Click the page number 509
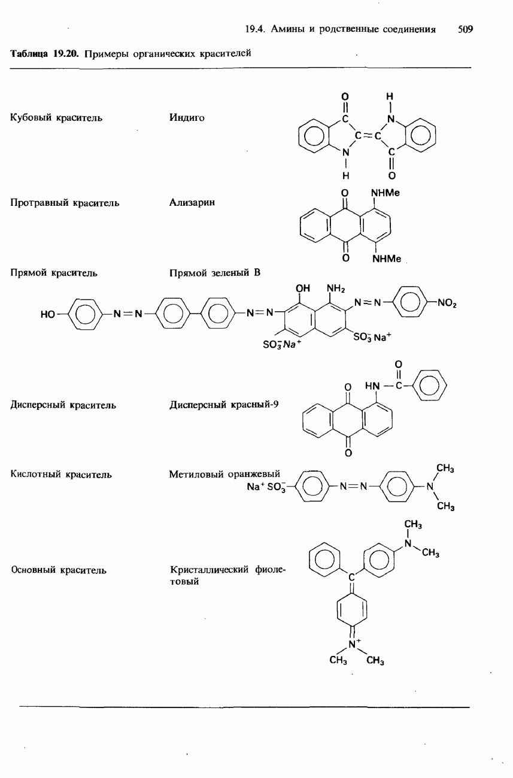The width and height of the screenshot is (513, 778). [465, 29]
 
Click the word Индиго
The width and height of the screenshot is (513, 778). [187, 118]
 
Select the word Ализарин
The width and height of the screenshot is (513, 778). [192, 203]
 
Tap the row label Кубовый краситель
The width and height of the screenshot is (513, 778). [56, 118]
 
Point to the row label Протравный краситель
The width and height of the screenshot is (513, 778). [65, 203]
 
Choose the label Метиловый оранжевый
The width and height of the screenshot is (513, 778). [224, 475]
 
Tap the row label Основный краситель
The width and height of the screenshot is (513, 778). [59, 570]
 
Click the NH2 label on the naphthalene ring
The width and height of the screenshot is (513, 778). [336, 290]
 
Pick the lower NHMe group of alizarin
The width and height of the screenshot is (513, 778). [386, 259]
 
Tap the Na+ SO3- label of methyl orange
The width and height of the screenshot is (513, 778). [267, 487]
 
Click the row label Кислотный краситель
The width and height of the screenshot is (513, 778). [61, 475]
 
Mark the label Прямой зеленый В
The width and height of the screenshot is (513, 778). [215, 273]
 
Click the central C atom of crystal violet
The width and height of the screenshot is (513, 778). [351, 577]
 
